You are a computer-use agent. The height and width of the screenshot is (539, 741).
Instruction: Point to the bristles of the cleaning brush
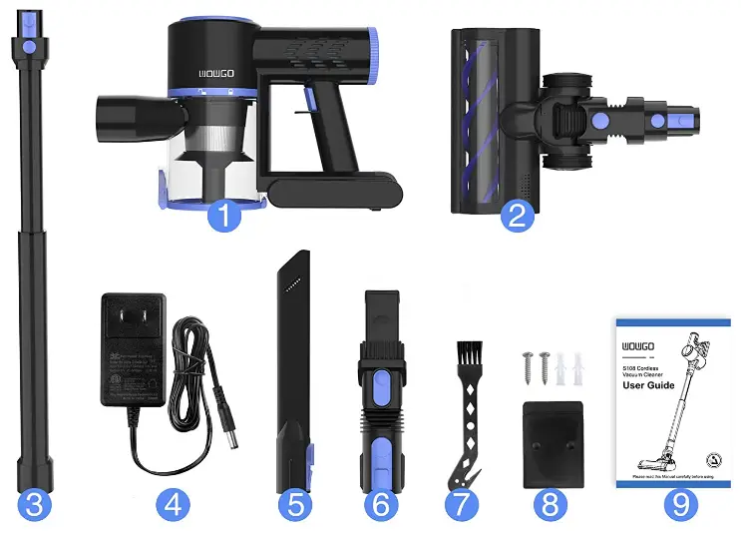(470, 353)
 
